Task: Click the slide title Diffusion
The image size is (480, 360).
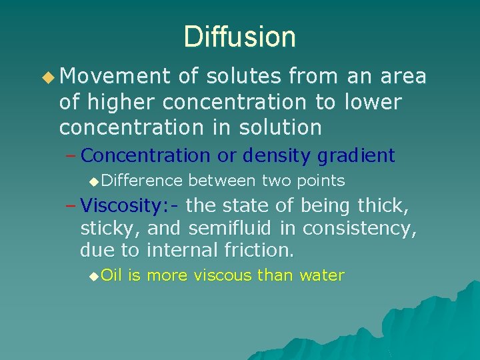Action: pos(240,37)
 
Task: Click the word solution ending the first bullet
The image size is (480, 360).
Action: pos(283,127)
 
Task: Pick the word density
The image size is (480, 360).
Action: pos(276,156)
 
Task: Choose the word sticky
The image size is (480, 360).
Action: pos(109,229)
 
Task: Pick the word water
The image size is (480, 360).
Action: pos(322,275)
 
